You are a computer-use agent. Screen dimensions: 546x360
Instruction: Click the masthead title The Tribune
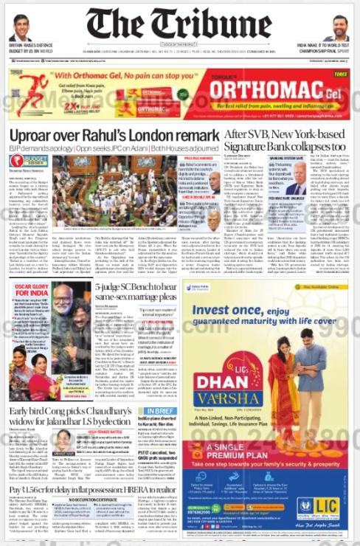(x=179, y=24)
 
